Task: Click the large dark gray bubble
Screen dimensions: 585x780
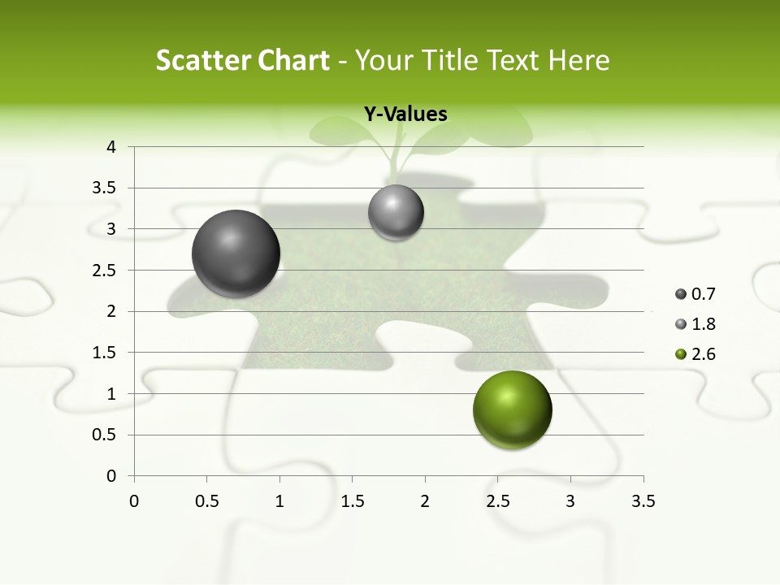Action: click(236, 253)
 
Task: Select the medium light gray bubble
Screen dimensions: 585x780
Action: click(396, 213)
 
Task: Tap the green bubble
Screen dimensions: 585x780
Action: click(512, 409)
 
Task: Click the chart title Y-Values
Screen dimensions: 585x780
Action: click(405, 115)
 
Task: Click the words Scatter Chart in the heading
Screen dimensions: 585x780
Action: click(242, 60)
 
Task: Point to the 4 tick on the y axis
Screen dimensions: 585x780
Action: click(111, 147)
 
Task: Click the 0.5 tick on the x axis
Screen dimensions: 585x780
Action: click(206, 501)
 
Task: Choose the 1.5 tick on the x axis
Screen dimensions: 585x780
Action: click(352, 501)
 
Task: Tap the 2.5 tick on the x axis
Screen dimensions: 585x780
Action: click(497, 501)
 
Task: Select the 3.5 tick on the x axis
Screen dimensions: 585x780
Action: click(643, 501)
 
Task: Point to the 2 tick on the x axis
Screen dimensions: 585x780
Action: click(425, 501)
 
